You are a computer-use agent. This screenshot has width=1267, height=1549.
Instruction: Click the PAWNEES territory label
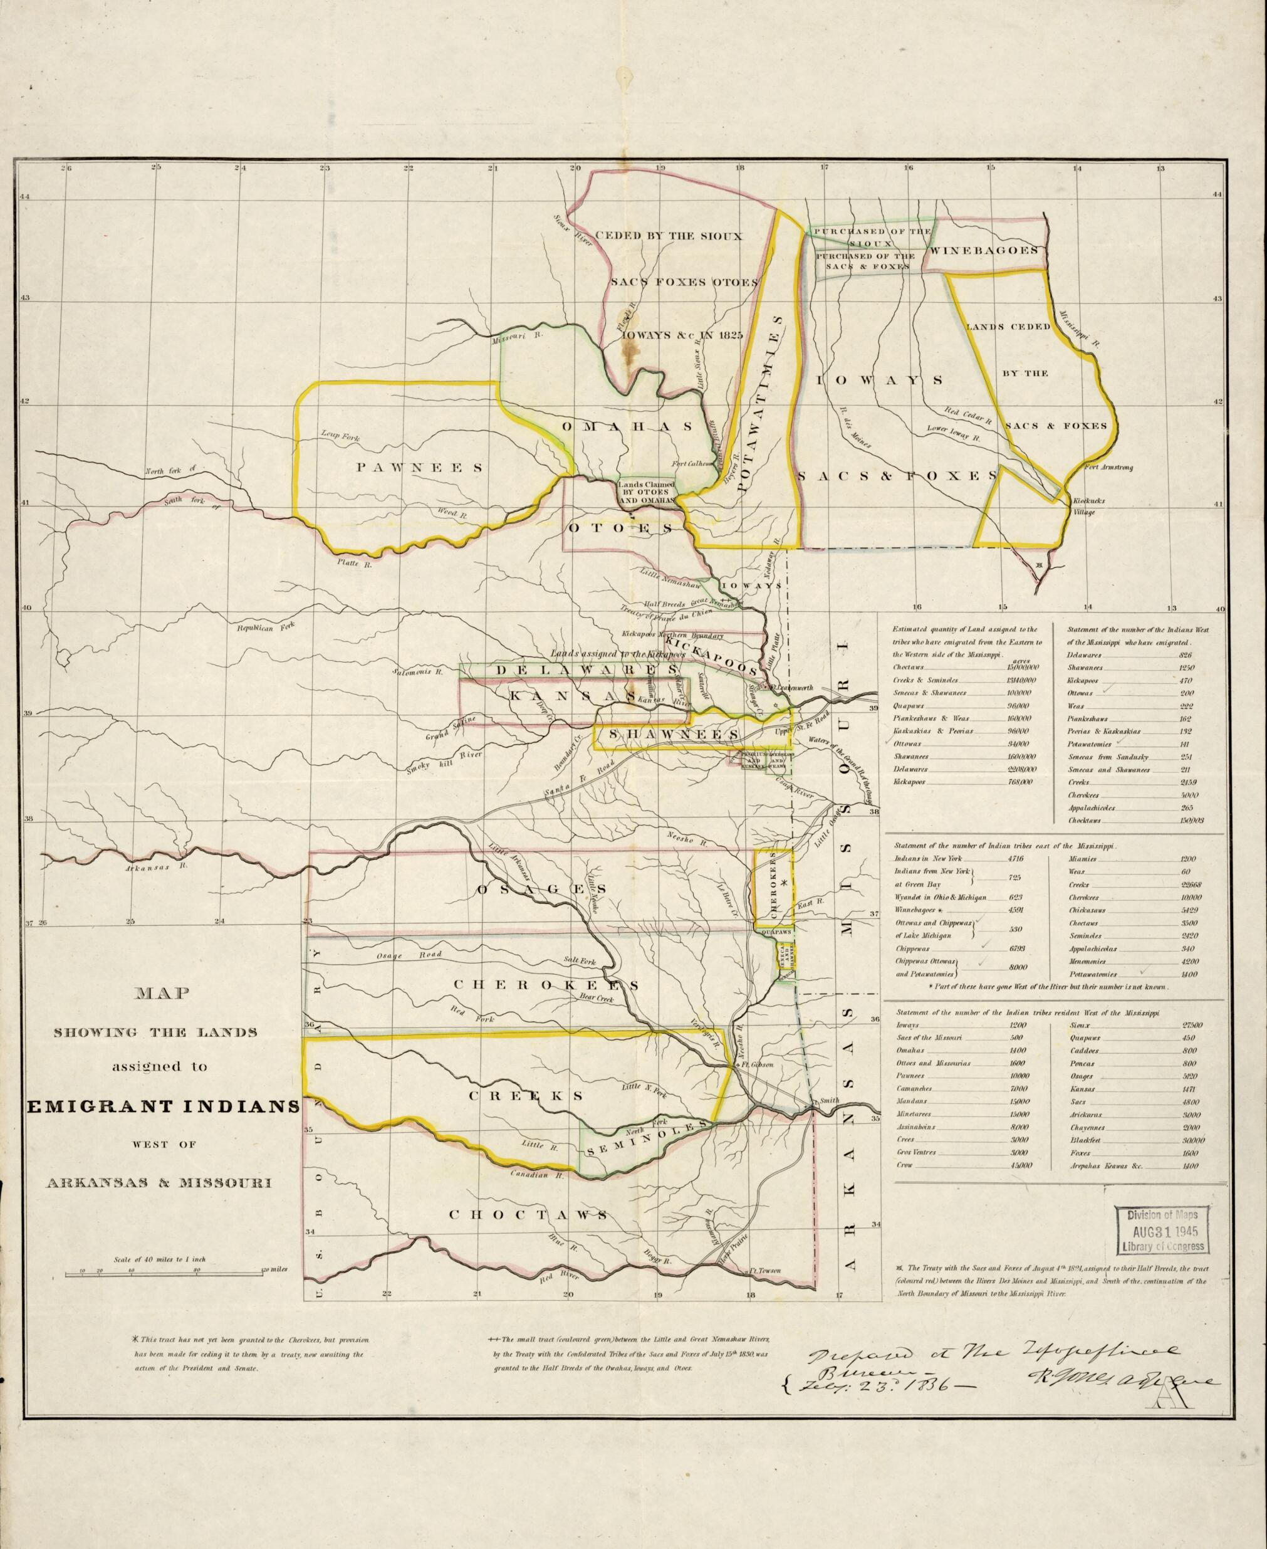tap(419, 468)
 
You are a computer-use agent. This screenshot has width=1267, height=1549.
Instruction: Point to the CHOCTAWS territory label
tap(528, 1215)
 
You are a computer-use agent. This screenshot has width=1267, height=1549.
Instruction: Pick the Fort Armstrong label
tap(1108, 468)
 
